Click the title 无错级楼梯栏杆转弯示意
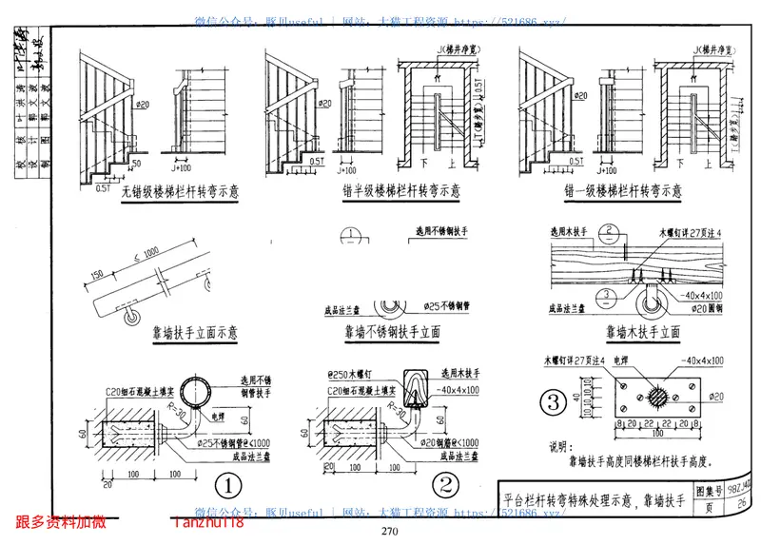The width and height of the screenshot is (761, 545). click(180, 191)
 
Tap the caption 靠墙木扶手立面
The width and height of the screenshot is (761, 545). click(642, 333)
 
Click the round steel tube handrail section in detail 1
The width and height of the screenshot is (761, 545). click(201, 391)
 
